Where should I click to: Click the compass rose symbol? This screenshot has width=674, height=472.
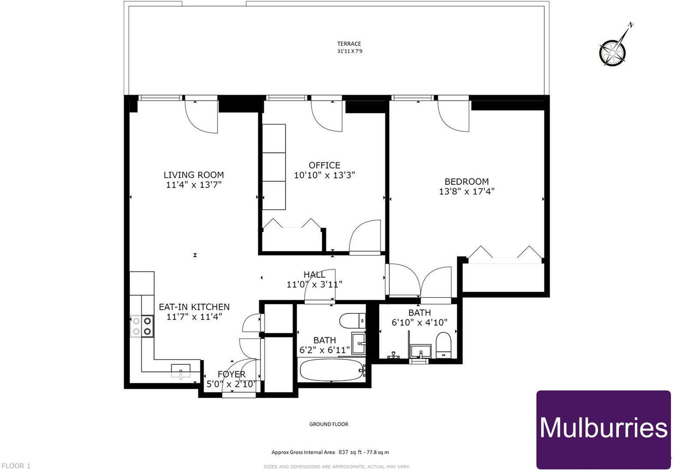[x=612, y=52]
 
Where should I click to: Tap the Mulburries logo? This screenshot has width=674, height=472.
[x=603, y=429]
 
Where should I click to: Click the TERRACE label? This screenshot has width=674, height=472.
[x=349, y=44]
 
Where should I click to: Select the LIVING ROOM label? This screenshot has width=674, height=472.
[x=194, y=175]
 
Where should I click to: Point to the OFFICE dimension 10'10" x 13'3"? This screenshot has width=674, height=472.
[x=324, y=175]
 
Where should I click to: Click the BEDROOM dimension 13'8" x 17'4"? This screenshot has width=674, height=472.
[x=466, y=191]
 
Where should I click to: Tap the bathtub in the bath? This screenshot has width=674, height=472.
[x=331, y=370]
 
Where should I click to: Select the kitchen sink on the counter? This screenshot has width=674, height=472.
[x=181, y=371]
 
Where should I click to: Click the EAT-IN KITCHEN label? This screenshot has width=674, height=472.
[x=194, y=307]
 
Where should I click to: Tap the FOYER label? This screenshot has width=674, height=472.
[x=231, y=375]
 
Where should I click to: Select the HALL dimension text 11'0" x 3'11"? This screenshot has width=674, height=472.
[x=314, y=285]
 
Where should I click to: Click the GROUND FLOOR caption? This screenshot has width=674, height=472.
[x=329, y=424]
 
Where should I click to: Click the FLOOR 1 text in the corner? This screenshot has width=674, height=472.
[x=16, y=466]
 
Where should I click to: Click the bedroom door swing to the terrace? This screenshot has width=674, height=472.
[x=454, y=116]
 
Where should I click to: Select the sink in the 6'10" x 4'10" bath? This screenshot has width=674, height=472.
[x=420, y=351]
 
